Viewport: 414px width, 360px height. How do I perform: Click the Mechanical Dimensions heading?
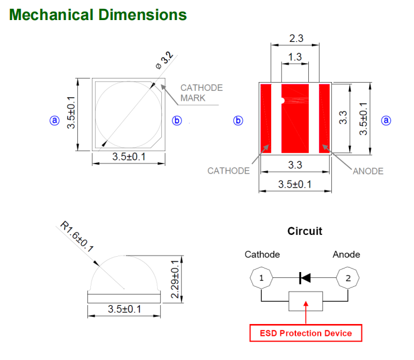(98, 14)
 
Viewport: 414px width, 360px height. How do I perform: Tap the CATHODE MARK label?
(201, 93)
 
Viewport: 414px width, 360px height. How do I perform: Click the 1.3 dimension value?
(295, 57)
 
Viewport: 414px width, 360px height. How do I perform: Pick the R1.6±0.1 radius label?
(77, 237)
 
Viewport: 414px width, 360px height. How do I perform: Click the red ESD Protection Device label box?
(306, 333)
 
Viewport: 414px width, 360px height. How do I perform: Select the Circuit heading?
(305, 231)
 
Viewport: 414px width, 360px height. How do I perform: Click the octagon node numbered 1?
(262, 277)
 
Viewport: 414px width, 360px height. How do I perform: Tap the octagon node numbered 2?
(348, 277)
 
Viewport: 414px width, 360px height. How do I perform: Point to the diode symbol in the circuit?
(305, 277)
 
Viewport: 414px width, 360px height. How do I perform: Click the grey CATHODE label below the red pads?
(229, 171)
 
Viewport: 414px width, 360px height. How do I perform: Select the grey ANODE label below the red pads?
(368, 171)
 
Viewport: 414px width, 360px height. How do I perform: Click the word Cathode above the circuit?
(262, 254)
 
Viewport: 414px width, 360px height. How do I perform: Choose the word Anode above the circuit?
(346, 254)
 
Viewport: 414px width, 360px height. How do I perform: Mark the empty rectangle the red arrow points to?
(305, 302)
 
